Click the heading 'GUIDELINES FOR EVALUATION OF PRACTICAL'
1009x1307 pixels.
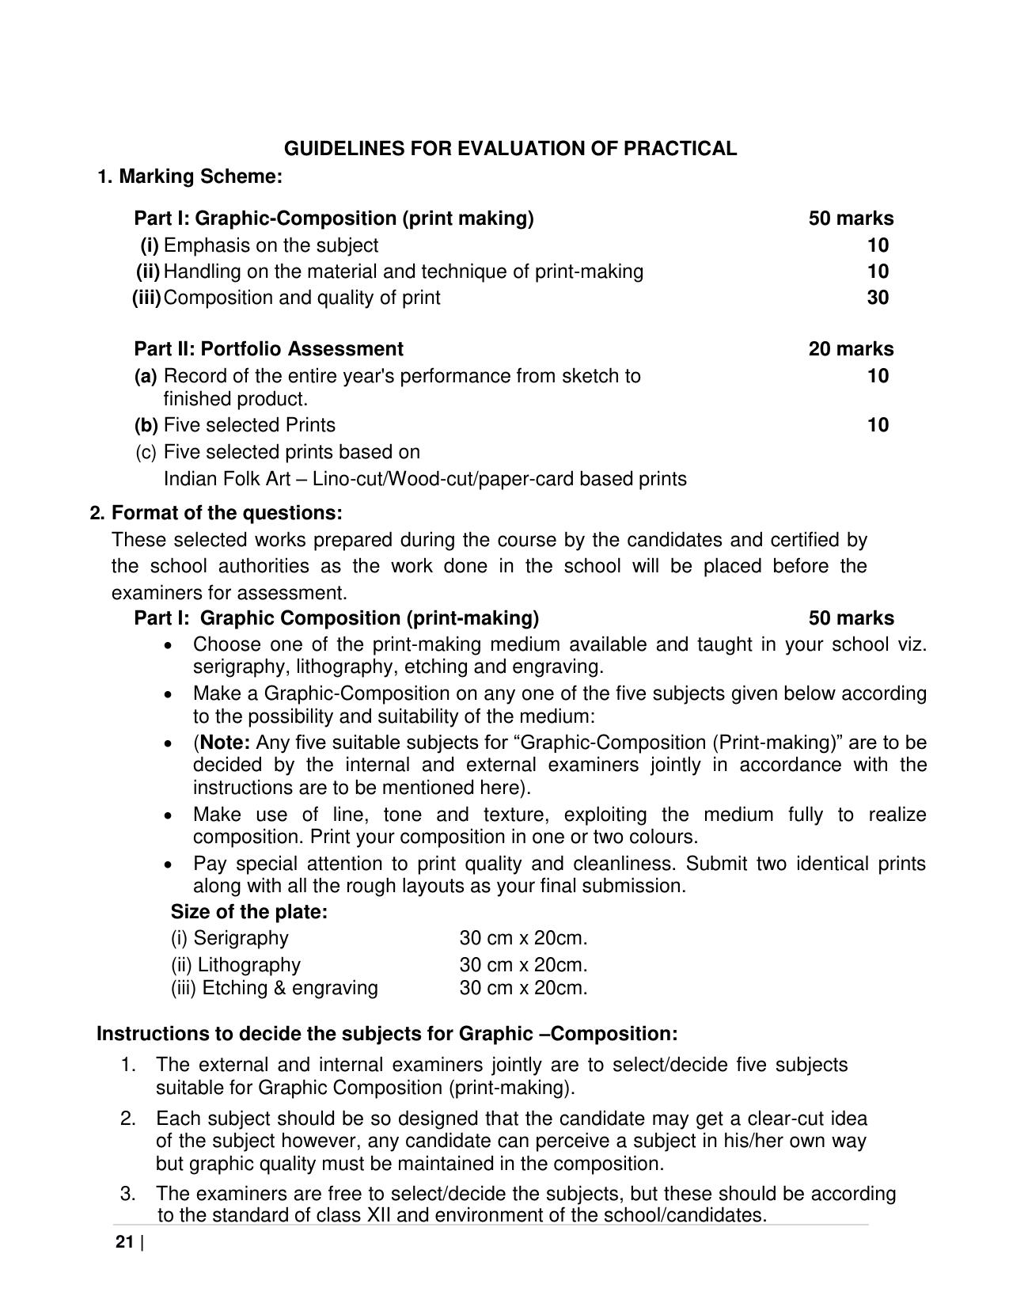510,149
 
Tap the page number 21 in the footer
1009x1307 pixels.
124,1242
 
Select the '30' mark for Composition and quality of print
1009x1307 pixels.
877,298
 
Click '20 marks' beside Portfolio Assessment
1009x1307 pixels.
851,349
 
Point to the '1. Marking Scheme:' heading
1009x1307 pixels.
189,177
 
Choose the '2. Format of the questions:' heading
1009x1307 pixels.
216,513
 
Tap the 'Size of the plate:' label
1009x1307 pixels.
248,912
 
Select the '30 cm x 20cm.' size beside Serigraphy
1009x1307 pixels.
523,938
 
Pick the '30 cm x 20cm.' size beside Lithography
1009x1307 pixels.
523,965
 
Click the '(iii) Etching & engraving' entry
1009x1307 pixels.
274,988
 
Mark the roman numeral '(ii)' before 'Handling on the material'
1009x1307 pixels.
148,272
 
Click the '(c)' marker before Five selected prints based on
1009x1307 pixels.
146,452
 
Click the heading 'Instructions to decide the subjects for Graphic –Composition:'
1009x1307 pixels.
387,1034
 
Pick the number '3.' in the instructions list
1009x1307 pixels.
128,1193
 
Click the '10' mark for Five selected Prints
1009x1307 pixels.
877,425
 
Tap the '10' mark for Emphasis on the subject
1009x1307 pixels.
877,245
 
